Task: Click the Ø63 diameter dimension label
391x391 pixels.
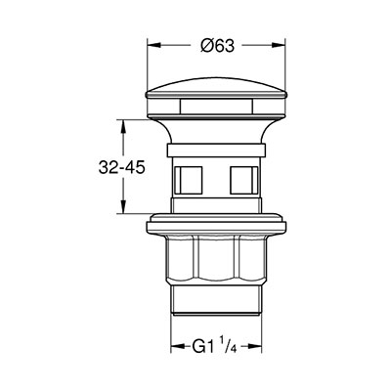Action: [217, 46]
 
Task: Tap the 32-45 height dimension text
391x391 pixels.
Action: [121, 168]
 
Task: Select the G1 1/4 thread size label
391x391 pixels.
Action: [214, 346]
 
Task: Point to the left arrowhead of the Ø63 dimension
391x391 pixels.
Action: [154, 46]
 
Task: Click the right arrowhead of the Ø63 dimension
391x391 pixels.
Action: [278, 46]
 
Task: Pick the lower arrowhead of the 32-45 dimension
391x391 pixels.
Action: [123, 206]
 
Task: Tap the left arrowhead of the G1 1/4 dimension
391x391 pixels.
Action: [178, 346]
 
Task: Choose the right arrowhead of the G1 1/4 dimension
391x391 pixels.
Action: [255, 346]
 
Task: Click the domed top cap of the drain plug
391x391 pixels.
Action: [216, 87]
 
